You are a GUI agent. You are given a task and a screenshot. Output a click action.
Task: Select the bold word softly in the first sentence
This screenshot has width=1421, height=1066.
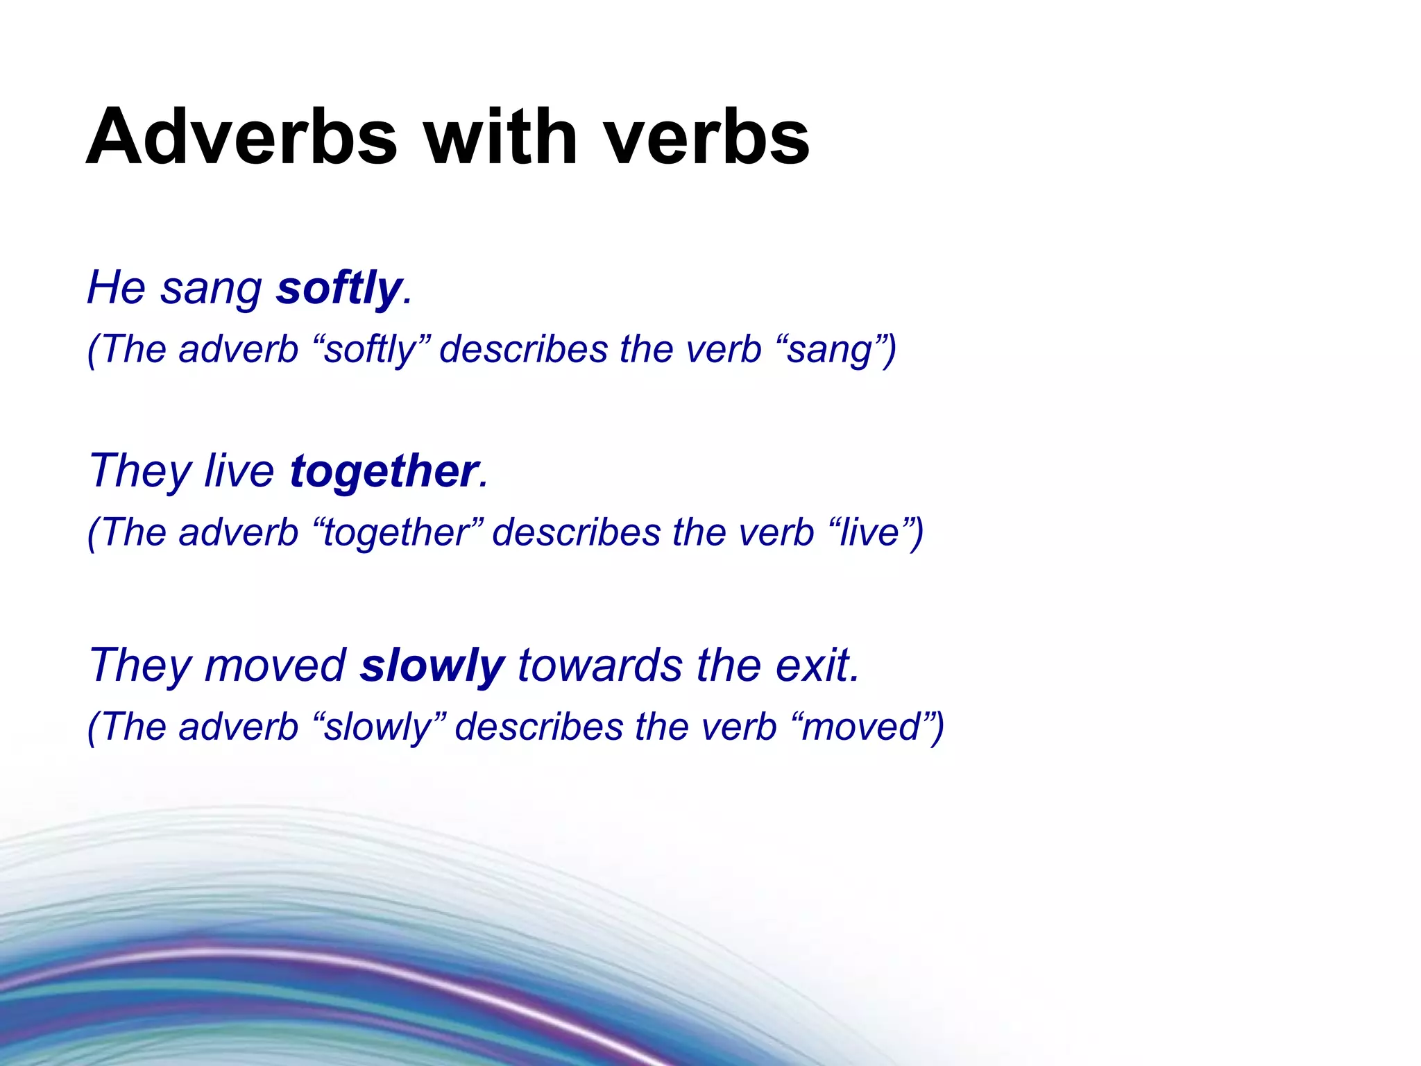coord(339,288)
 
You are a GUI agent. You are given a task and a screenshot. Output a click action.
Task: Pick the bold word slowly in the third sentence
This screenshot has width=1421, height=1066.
coord(432,666)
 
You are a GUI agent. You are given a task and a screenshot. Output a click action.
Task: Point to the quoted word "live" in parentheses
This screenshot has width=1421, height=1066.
coord(869,533)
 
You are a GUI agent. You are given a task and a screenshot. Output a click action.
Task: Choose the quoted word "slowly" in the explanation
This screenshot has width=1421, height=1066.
coord(377,727)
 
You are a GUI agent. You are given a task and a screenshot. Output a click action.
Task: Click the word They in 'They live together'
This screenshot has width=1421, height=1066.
coord(139,471)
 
